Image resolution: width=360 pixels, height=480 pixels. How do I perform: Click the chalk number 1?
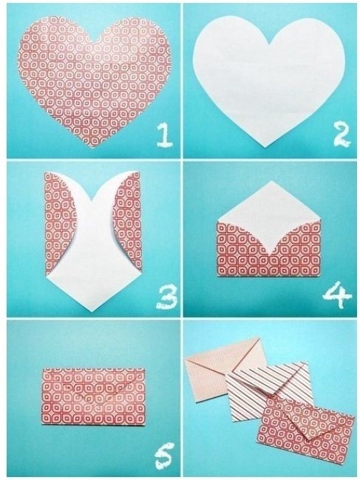[165, 135]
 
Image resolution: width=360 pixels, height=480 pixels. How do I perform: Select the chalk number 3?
[167, 297]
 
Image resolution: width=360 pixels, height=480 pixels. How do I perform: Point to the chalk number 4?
[337, 297]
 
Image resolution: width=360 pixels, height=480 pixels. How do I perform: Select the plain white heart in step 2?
[269, 80]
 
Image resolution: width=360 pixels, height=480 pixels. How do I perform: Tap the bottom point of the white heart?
[265, 147]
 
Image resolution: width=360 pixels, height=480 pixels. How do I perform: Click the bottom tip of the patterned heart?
[92, 147]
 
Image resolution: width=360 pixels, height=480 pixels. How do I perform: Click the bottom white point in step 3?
[92, 311]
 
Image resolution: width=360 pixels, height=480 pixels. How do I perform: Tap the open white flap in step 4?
[269, 214]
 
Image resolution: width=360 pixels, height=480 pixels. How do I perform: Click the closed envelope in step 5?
[93, 396]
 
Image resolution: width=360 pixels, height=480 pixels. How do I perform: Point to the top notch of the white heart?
[269, 47]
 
